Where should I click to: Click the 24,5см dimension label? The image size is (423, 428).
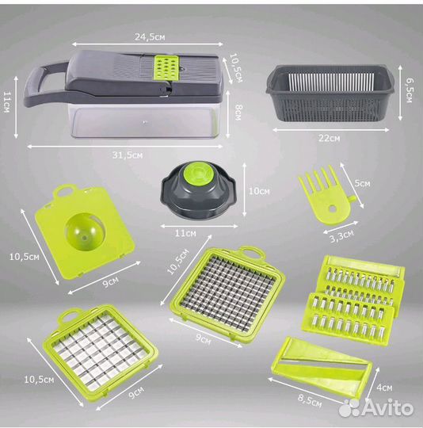click(150, 36)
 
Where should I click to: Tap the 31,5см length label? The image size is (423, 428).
click(128, 155)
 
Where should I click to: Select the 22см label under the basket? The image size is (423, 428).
click(330, 138)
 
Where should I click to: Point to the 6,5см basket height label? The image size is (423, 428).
click(408, 90)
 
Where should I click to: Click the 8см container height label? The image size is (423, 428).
click(238, 113)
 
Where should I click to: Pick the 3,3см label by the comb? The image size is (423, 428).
click(341, 236)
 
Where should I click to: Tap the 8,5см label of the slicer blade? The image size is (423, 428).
click(310, 401)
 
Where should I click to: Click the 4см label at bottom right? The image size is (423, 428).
click(384, 388)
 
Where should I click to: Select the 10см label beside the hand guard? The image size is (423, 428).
click(259, 191)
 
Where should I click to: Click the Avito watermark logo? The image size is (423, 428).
click(375, 408)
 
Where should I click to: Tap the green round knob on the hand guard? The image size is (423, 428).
click(198, 174)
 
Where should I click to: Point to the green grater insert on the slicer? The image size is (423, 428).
click(166, 68)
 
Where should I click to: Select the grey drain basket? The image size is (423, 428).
click(330, 93)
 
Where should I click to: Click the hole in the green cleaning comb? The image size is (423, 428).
click(333, 208)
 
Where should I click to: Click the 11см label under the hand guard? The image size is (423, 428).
click(185, 233)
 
